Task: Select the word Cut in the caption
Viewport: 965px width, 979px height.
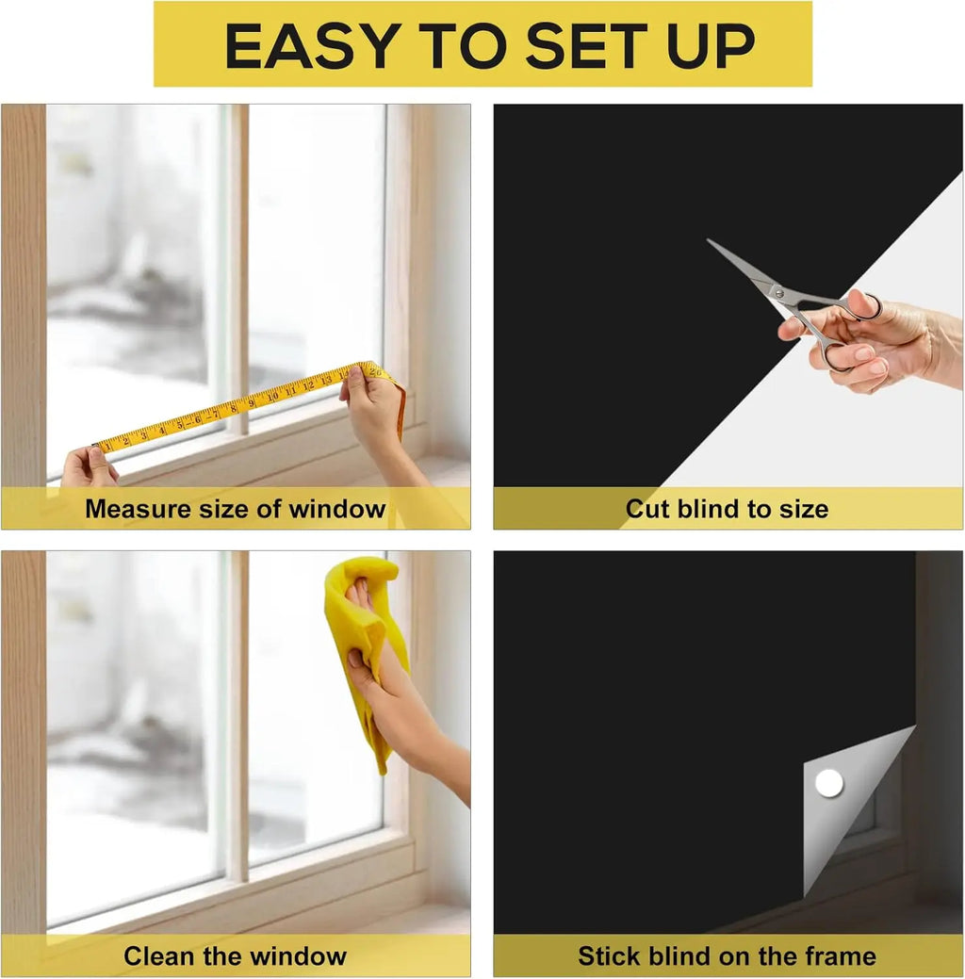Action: click(x=648, y=510)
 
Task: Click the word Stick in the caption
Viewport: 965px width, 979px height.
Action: click(x=609, y=957)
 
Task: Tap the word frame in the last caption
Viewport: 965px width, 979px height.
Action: click(x=837, y=957)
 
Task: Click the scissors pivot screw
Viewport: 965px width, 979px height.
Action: click(x=777, y=293)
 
